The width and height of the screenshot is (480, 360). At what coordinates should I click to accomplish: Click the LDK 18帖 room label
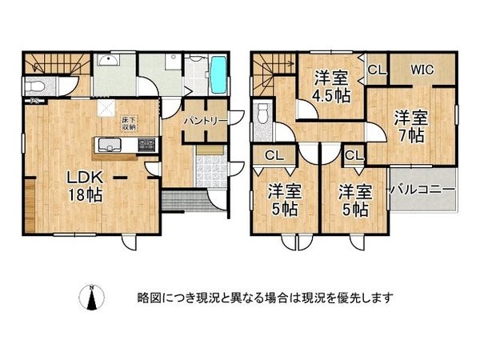(x=84, y=185)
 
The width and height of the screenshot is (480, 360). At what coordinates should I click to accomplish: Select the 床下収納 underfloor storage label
(x=128, y=122)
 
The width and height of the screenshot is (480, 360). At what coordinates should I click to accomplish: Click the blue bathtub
(x=218, y=74)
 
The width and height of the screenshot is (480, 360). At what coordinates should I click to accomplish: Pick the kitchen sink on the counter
(x=108, y=145)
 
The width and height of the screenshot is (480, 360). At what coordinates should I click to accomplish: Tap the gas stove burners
(x=146, y=145)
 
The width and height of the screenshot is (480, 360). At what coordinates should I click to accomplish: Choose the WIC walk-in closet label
(x=422, y=70)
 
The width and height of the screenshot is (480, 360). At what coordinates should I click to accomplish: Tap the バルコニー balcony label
(x=422, y=190)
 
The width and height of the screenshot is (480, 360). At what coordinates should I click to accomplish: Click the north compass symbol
(x=93, y=298)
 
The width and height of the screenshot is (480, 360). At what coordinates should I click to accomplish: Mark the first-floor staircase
(x=48, y=64)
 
